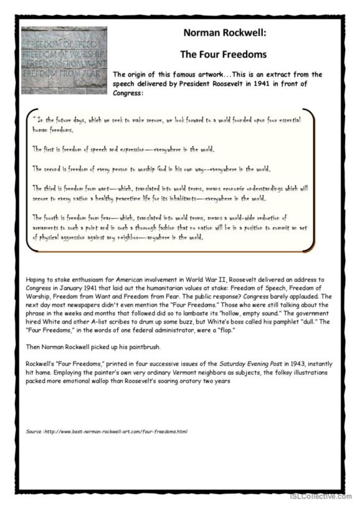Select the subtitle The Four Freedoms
tap(223, 54)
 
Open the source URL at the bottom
tap(107, 431)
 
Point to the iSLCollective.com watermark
tap(321, 496)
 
